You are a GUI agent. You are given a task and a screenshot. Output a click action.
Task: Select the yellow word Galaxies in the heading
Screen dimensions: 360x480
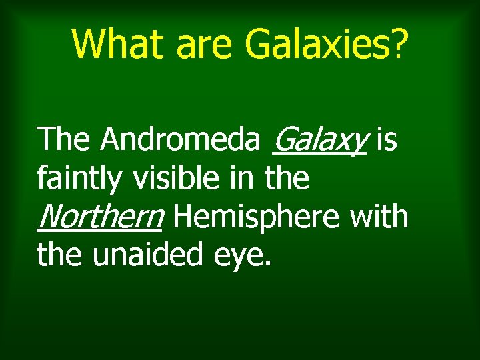point(313,43)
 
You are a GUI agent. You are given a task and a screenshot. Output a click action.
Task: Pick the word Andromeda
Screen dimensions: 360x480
point(180,139)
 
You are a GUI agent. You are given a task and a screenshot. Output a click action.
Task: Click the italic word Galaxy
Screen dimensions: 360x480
point(319,140)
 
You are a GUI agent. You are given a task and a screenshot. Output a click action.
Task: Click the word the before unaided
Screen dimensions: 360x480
point(60,255)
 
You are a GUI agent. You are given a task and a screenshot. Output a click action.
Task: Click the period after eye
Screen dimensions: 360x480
point(268,264)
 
